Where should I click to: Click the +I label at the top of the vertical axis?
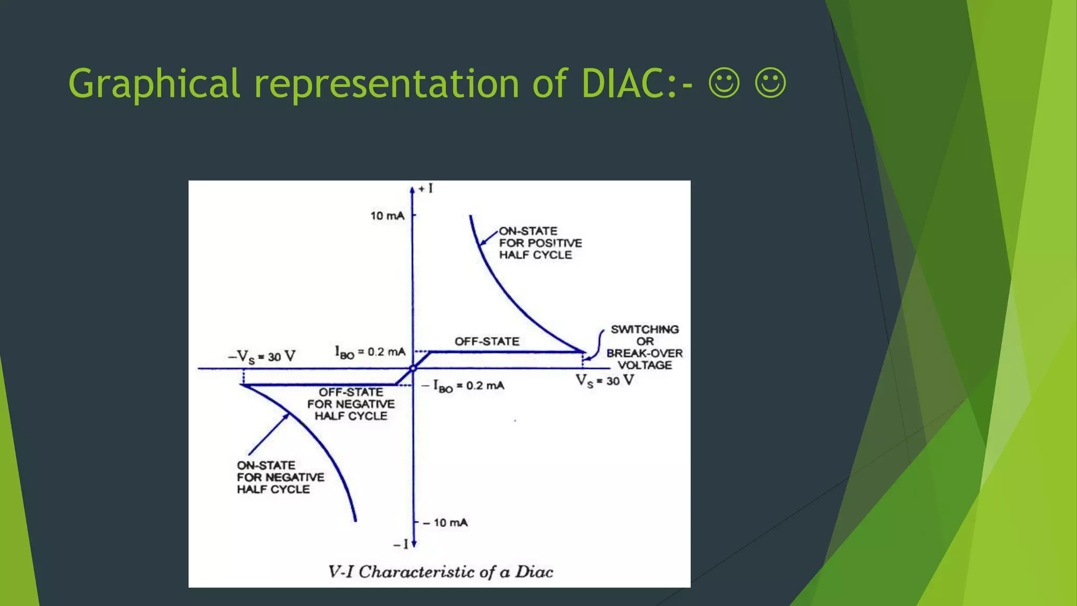tap(425, 188)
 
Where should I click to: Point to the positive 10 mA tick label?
tap(387, 216)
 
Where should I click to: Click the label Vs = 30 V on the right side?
tap(604, 380)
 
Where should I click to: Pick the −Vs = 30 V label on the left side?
tap(261, 357)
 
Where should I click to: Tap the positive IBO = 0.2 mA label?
tap(370, 352)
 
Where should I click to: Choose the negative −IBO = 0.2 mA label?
tap(463, 386)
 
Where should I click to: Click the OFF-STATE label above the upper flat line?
tap(486, 341)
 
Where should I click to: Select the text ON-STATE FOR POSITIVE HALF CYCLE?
tap(540, 243)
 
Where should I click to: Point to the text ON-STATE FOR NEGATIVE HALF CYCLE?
tap(280, 477)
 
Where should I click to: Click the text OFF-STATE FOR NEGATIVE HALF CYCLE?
tap(351, 404)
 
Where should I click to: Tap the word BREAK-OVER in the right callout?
tap(644, 353)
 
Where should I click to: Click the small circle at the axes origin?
tap(413, 368)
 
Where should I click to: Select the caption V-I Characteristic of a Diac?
tap(440, 572)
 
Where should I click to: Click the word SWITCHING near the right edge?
tap(644, 329)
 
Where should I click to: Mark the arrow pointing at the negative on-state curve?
tap(268, 435)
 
